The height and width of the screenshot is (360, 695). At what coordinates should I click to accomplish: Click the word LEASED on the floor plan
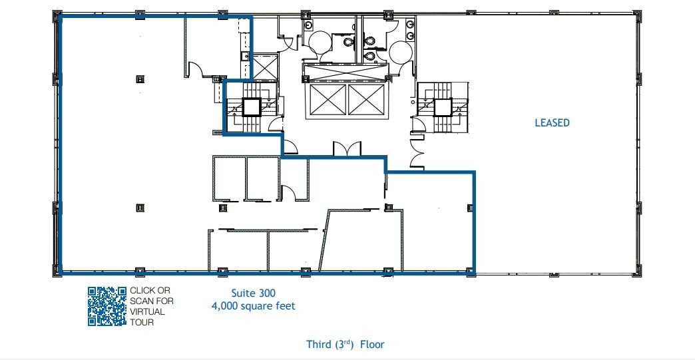pos(552,123)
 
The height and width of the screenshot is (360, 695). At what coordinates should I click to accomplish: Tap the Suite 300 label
pos(253,293)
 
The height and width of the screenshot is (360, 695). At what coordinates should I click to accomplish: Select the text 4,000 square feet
pos(253,306)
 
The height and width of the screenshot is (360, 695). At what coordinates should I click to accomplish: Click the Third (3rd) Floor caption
pos(345,344)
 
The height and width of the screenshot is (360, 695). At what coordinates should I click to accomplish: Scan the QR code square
pos(107,306)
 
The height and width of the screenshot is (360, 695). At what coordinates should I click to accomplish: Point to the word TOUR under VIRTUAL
pos(142,322)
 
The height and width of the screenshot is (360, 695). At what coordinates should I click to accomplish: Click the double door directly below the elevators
pos(347,149)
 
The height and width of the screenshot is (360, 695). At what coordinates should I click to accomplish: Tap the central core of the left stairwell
pos(251,107)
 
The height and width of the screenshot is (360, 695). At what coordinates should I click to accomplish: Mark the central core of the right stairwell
pos(443,107)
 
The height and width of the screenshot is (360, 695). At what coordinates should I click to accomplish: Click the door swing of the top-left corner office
pos(196,70)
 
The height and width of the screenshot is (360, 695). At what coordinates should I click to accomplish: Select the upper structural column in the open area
pos(140,79)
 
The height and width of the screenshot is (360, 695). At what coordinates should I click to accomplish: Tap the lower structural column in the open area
pos(140,208)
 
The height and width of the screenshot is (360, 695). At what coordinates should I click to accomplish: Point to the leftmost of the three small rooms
pos(228,178)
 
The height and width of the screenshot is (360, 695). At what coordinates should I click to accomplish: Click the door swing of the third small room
pos(289,192)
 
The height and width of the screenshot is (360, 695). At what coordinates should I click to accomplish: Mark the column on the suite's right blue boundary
pos(471,208)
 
